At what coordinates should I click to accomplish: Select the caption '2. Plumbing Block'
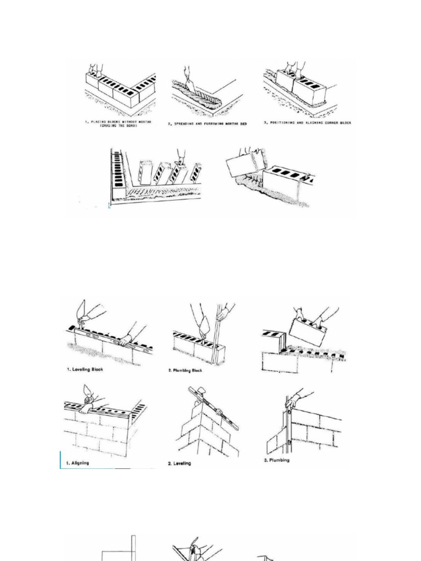click(x=185, y=370)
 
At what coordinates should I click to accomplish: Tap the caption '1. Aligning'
click(x=79, y=463)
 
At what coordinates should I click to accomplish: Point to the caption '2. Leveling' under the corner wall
click(x=180, y=463)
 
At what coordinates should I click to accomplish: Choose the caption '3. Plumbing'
click(x=277, y=460)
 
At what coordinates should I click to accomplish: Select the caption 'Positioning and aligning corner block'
click(x=308, y=123)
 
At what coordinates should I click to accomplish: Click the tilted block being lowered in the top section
click(x=246, y=163)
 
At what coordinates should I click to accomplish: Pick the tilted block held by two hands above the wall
click(x=308, y=332)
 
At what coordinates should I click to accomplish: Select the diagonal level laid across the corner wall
click(x=213, y=408)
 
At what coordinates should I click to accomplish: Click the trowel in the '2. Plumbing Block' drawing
click(x=203, y=329)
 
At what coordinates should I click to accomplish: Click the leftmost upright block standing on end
click(x=145, y=172)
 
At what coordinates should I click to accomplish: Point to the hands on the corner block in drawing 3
click(x=293, y=68)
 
